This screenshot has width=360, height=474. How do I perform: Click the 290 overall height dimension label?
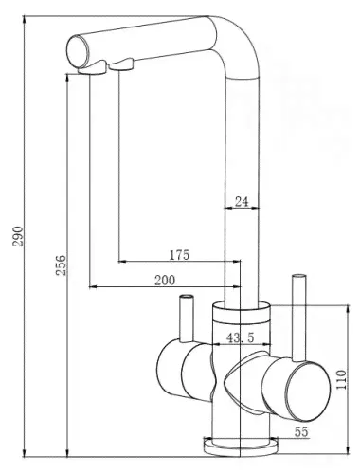(x=18, y=236)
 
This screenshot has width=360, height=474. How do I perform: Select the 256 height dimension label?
(x=61, y=264)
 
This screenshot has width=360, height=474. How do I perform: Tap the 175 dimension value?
(x=179, y=255)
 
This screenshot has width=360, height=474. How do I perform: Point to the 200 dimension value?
(x=165, y=280)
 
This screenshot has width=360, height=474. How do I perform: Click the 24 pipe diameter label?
(x=242, y=202)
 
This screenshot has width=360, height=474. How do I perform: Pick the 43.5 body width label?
(x=240, y=338)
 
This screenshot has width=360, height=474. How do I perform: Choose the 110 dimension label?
(x=341, y=379)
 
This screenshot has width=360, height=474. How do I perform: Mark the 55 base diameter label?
(x=300, y=431)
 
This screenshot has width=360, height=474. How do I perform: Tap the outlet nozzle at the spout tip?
(x=92, y=67)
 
